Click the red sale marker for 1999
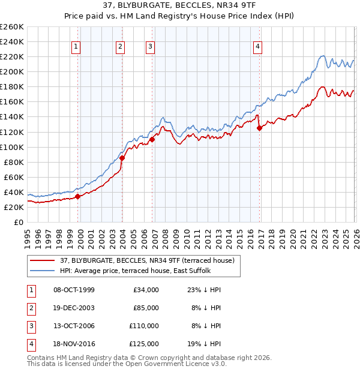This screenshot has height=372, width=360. coord(77,196)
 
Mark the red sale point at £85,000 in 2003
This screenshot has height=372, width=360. coord(122,158)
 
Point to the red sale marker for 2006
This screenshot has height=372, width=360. coord(152,139)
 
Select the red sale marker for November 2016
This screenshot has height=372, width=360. coord(259,128)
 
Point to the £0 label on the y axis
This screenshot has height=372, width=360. coord(18,222)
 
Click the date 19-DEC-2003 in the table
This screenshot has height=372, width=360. coord(74,308)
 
